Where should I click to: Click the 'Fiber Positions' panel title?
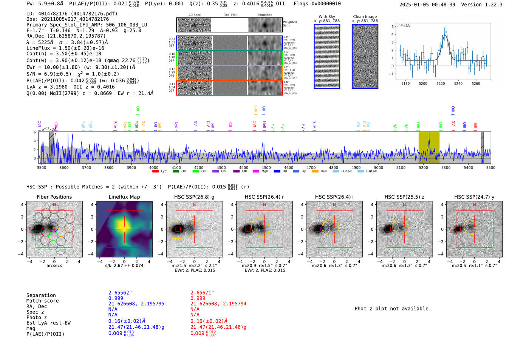coord(54,197)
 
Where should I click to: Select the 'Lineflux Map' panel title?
coord(124,197)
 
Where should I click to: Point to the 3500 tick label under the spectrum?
coord(42,168)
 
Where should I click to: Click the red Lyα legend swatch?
coord(155,172)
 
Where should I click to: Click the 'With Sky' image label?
coord(326,17)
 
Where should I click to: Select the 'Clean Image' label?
coord(365,17)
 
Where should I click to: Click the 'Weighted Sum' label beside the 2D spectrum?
coord(290,24)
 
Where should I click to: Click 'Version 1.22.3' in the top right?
coord(482,5)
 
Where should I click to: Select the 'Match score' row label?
coord(42,301)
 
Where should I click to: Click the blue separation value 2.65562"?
coord(120,293)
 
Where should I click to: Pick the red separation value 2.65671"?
coord(202,293)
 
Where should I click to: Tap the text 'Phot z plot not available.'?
coord(393,309)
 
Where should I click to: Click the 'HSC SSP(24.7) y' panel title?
coord(474,197)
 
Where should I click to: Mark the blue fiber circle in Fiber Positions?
coord(53,227)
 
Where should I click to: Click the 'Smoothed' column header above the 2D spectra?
coord(264,15)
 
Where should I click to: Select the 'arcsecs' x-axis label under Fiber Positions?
coord(54,266)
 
